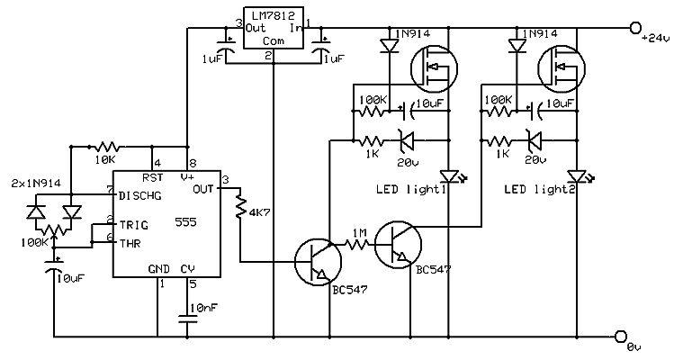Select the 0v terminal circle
tap(620, 337)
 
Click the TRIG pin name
tap(130, 221)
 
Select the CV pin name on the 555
tap(188, 268)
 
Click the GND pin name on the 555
tap(158, 268)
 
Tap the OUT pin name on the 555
tap(204, 191)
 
